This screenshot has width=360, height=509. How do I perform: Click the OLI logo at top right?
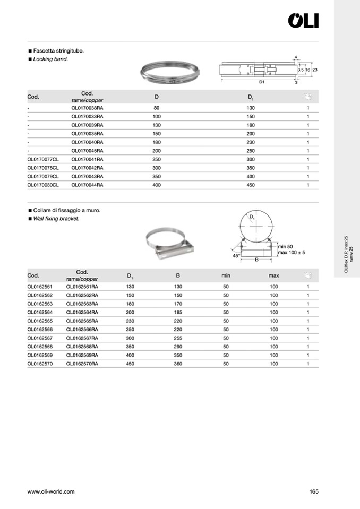pos(303,21)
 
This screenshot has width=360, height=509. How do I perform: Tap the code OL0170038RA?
pos(87,108)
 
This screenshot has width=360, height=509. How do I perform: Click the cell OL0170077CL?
pos(42,159)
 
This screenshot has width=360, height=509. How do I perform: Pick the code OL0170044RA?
pos(87,185)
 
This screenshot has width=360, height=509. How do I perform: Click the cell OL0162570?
pos(40,364)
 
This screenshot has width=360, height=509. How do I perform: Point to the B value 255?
pos(178,338)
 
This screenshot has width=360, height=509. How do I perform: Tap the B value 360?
pos(178,364)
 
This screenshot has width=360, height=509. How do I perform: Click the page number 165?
pos(313,491)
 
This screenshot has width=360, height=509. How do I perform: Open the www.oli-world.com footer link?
pos(51,491)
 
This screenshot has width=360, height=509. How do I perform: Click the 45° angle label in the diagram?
pos(236,256)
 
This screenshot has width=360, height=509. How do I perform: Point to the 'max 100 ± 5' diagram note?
pos(292,252)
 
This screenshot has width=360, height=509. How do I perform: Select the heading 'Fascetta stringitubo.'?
pos(59,51)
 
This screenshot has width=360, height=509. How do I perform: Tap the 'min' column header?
pos(226,275)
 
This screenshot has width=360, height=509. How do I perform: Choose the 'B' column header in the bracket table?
pos(178,275)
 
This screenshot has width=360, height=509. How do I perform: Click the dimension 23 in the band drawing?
pos(315,70)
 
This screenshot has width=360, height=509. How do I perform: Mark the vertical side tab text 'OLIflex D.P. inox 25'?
pos(346,255)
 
